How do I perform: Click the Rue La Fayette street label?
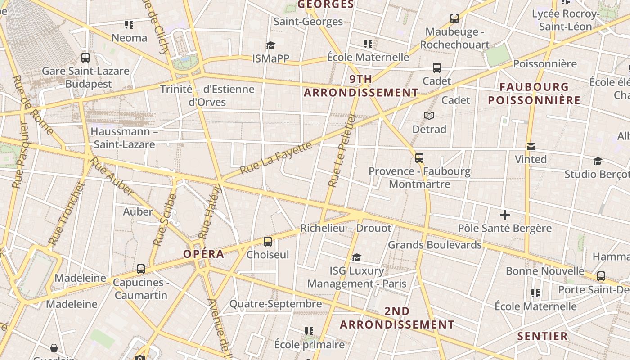click(276, 158)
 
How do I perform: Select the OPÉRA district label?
click(203, 254)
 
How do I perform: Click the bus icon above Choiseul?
click(268, 242)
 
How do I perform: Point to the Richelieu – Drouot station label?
click(346, 228)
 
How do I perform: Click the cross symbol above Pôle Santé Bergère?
click(505, 215)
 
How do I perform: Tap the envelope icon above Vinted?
click(531, 147)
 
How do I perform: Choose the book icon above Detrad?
click(429, 116)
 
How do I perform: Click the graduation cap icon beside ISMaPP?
click(270, 45)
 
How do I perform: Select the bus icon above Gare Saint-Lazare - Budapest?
click(85, 58)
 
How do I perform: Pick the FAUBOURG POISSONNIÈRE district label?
click(534, 94)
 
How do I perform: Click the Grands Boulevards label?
click(435, 245)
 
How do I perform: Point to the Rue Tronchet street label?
click(67, 213)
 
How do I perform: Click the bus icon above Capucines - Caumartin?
click(141, 269)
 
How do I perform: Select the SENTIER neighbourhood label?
click(542, 336)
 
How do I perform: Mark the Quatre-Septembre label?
click(275, 304)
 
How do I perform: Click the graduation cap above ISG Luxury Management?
click(356, 257)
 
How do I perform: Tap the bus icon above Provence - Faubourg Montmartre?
click(419, 158)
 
